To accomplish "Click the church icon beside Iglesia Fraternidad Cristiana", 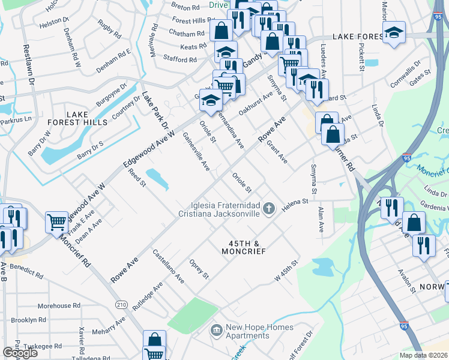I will [x=270, y=209].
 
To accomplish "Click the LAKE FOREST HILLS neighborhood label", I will [x=87, y=118].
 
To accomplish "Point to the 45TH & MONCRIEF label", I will [x=247, y=248].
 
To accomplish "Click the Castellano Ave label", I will [x=167, y=267].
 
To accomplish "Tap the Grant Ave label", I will [x=277, y=152].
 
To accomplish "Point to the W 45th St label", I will [x=286, y=271].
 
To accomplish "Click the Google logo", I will [x=20, y=352].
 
